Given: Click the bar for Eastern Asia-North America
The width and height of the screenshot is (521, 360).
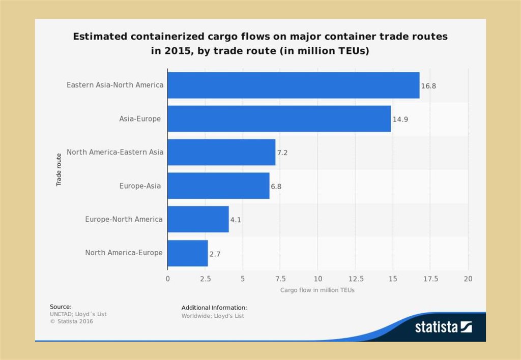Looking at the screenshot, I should point(293,85).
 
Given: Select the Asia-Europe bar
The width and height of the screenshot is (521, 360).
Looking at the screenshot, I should point(279,118).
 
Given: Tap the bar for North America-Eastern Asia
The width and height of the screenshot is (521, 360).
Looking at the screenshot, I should point(221,152).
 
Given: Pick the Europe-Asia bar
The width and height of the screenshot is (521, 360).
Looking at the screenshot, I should point(218,186).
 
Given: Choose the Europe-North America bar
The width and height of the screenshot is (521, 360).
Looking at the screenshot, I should point(198,219).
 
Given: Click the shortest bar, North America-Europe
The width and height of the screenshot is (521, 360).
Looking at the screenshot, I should point(187,253).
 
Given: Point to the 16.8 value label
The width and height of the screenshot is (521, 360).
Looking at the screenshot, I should point(428,86).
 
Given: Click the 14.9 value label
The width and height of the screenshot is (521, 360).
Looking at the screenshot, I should point(400,119).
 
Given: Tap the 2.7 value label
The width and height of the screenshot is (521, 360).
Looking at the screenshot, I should point(215,254).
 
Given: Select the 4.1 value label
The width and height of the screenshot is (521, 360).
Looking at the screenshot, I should point(236,220).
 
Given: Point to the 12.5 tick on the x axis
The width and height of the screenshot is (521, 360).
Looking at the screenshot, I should point(356,279).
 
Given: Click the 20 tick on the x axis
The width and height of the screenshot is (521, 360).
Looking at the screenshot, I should point(468,279).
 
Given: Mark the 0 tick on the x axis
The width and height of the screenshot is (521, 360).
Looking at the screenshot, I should point(167,279).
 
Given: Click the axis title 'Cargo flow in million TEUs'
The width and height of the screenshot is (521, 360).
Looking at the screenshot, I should point(317,290).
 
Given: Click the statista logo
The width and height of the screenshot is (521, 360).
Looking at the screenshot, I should point(443,327).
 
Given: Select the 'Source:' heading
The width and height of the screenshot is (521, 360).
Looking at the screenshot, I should point(61,307).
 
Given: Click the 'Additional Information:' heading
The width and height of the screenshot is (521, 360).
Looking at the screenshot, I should point(214,308).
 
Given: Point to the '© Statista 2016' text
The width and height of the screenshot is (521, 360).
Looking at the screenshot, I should point(71,321).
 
